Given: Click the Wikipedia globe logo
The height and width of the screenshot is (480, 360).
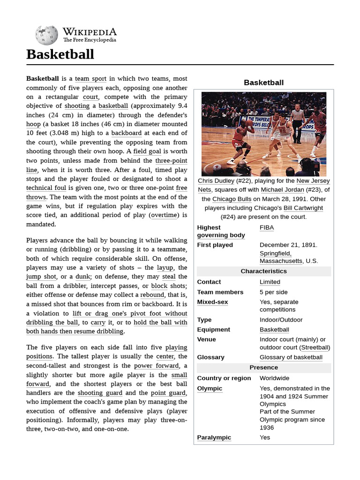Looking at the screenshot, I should (46, 35).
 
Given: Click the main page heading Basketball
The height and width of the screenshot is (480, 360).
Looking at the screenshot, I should (60, 54).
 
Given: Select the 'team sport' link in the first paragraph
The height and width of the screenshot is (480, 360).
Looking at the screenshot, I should (91, 79).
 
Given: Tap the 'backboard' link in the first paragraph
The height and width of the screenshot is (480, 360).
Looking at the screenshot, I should (126, 133).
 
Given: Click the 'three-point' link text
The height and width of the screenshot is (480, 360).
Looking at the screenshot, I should (171, 160).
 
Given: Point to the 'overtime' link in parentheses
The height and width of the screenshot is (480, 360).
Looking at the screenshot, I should (164, 215).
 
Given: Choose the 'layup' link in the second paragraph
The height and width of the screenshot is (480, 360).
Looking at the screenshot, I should (165, 268).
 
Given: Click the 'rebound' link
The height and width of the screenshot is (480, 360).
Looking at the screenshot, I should (152, 295).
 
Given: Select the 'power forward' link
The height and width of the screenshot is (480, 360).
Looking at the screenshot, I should (156, 366).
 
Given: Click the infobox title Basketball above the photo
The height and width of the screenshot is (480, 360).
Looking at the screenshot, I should (263, 82).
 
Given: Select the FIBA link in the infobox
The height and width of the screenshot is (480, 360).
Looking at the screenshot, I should (267, 227).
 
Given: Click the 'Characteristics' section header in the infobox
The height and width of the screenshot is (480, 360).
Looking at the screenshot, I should (263, 271).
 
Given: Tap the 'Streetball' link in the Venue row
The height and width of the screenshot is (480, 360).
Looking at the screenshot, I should (315, 347).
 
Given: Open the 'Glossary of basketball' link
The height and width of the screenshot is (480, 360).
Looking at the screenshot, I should (291, 357).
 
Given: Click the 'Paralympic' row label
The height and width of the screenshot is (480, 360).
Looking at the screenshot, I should (214, 437).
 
